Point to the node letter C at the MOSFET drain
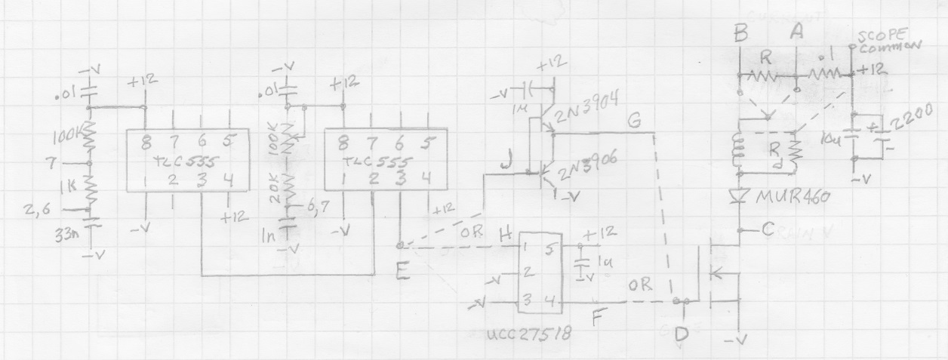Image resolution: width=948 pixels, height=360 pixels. coord(768,230)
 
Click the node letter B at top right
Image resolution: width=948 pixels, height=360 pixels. coord(740,32)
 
